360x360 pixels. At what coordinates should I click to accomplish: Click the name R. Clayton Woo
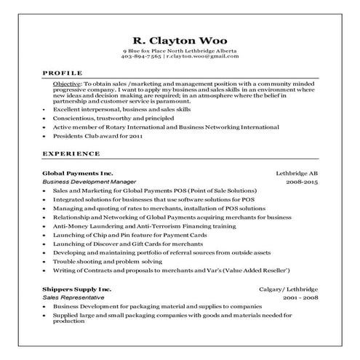coord(180,41)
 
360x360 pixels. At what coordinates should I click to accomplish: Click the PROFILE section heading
coord(63,73)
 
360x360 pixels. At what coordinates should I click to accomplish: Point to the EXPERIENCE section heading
coord(71,154)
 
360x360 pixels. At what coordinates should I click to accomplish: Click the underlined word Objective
coord(66,85)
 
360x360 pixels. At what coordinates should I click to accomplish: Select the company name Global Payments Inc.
coord(78,173)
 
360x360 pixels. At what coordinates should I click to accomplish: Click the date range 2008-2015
coord(302,181)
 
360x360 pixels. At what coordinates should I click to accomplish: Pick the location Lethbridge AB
coord(297,173)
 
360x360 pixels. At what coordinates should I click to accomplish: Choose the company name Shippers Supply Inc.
coord(77,289)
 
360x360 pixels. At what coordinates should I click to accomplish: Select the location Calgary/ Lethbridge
coord(291,289)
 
